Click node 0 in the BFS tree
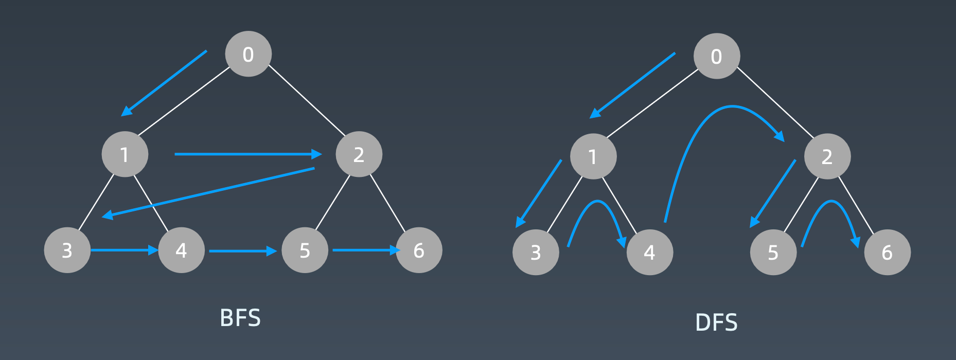click(249, 54)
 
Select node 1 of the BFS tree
click(125, 154)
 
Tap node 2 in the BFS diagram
click(359, 154)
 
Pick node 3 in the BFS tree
click(67, 250)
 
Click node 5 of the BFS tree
click(305, 250)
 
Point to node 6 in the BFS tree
click(419, 250)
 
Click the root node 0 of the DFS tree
click(716, 56)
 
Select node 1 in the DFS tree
click(593, 156)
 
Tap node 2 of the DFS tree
click(827, 156)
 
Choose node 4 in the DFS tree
click(649, 253)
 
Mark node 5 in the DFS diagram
click(773, 253)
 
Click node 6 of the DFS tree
click(887, 253)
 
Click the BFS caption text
click(240, 318)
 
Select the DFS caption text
click(716, 323)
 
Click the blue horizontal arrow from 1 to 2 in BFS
click(247, 154)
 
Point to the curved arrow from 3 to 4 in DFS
click(597, 201)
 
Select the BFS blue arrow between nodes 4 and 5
click(242, 251)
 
